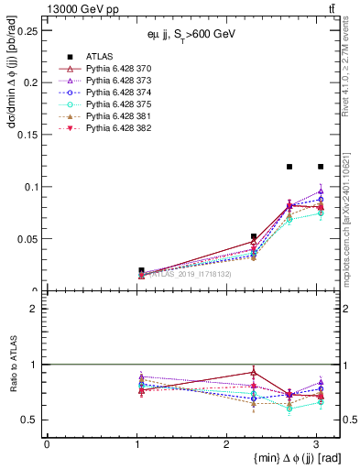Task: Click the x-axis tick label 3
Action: coord(315,443)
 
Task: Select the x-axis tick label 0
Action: coord(47,443)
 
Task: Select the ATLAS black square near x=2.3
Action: coord(254,236)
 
